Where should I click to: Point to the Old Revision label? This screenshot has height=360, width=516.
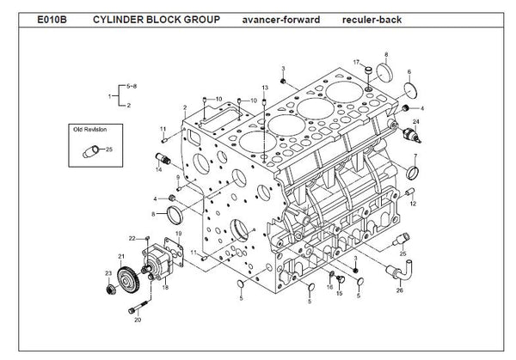pyautogui.click(x=91, y=130)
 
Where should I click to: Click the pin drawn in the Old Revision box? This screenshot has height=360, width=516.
pyautogui.click(x=89, y=152)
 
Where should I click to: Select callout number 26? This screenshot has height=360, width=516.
pyautogui.click(x=399, y=290)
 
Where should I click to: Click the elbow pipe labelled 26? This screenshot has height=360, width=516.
pyautogui.click(x=402, y=273)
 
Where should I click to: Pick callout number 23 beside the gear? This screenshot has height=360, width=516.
pyautogui.click(x=107, y=273)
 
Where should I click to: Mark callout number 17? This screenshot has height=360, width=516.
pyautogui.click(x=355, y=62)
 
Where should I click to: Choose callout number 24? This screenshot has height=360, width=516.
pyautogui.click(x=416, y=123)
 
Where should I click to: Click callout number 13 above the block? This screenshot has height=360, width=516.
pyautogui.click(x=266, y=89)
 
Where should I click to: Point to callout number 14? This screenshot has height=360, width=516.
pyautogui.click(x=158, y=170)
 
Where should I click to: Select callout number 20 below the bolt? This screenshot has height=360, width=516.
pyautogui.click(x=138, y=320)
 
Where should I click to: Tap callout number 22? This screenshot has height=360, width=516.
pyautogui.click(x=132, y=237)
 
